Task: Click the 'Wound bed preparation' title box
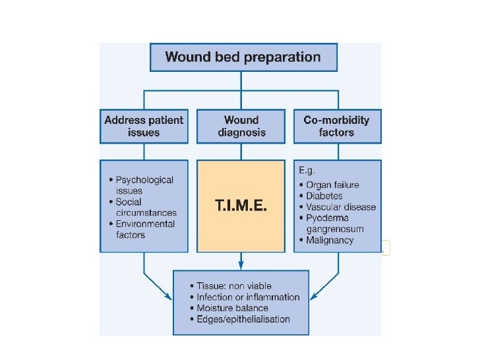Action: click(242, 57)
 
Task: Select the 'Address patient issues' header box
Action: click(144, 127)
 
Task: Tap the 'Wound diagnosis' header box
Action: click(241, 127)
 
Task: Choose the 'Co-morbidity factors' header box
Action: click(336, 127)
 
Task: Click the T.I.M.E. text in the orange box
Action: click(241, 206)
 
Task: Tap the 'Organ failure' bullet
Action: click(332, 185)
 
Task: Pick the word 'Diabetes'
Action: click(324, 196)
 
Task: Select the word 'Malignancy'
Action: click(330, 240)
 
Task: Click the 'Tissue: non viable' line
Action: click(239, 286)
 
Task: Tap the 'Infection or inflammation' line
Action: click(248, 297)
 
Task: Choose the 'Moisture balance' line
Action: click(232, 308)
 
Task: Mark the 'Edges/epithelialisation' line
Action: click(243, 319)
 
